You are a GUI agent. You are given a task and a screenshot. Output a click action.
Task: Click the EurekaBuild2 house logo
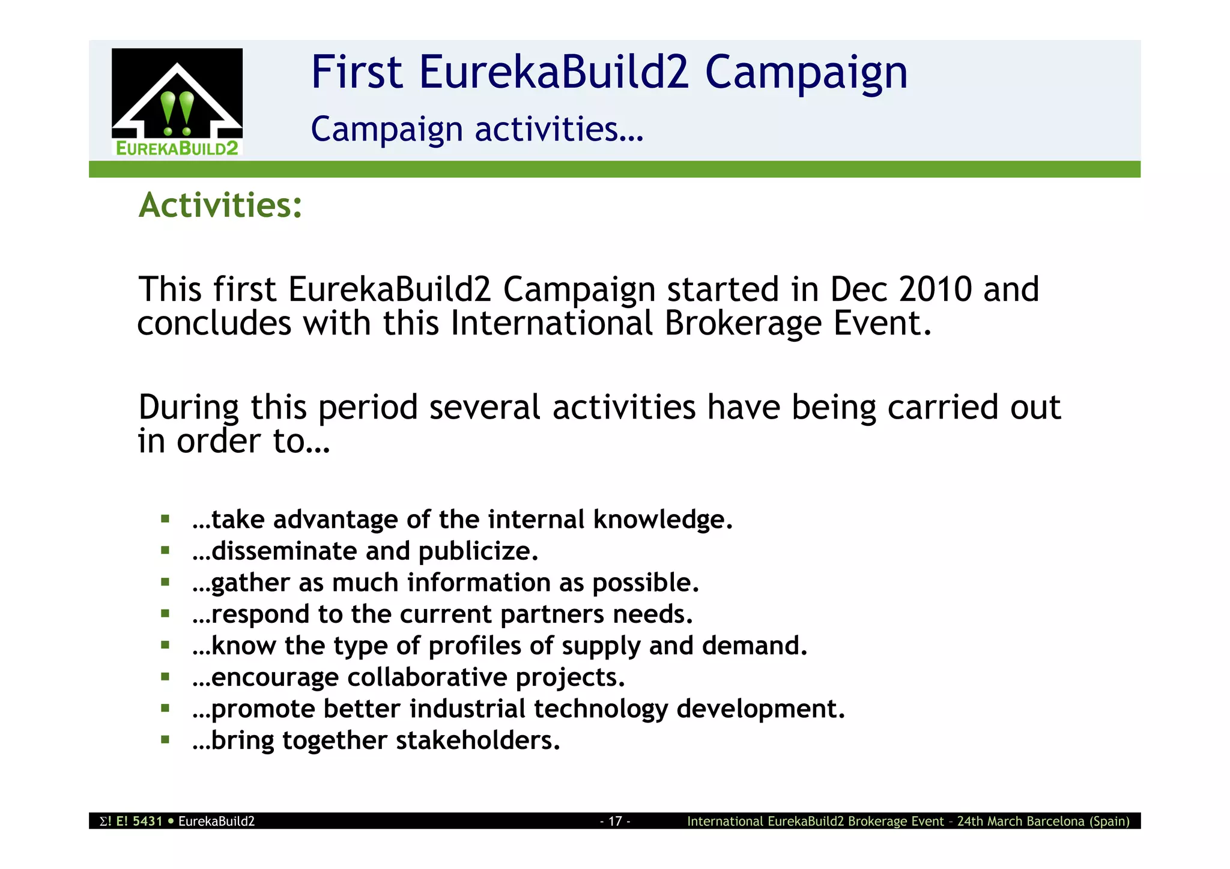(x=177, y=102)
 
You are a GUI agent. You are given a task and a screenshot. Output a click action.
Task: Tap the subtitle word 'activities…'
(x=559, y=129)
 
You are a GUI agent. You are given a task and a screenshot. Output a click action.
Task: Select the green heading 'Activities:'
(x=220, y=205)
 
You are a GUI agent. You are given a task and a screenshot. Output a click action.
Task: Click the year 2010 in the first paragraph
(x=935, y=289)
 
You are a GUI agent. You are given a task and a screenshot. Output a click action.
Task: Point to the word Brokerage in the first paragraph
(x=743, y=324)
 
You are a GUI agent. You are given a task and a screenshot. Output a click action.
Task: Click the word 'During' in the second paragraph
(x=188, y=408)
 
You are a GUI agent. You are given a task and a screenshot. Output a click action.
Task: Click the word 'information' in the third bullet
(x=479, y=583)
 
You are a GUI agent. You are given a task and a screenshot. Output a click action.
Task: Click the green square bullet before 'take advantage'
(x=165, y=518)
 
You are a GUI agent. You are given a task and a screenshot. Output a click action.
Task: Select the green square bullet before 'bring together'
(x=165, y=739)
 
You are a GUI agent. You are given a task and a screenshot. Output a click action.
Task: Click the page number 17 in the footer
(x=615, y=821)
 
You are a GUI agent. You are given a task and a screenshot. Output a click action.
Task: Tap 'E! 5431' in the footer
(x=139, y=821)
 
